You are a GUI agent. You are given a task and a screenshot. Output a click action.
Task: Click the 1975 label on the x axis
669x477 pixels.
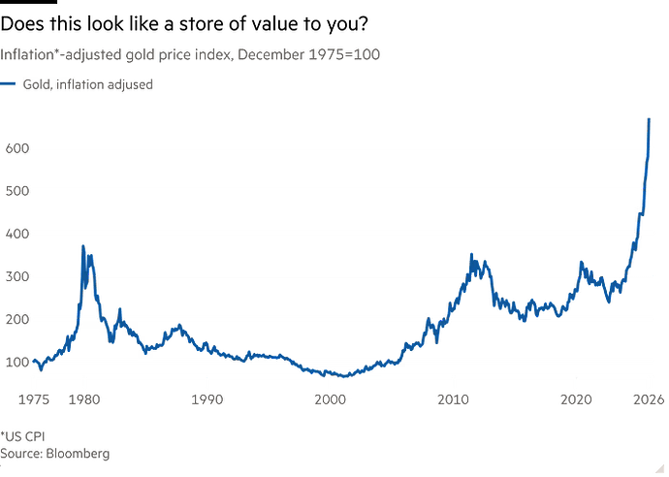(36, 397)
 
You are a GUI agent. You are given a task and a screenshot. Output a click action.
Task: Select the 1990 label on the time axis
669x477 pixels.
(207, 397)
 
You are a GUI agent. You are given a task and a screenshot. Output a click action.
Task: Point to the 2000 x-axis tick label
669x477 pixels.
(331, 397)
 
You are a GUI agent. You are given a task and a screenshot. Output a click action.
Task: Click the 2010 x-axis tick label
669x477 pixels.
(454, 397)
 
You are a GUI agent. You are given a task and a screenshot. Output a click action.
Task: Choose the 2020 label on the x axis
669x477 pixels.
(578, 397)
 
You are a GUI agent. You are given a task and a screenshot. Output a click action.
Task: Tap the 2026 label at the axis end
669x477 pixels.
(648, 397)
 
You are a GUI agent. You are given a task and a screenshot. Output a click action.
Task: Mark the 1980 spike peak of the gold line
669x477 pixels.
(83, 245)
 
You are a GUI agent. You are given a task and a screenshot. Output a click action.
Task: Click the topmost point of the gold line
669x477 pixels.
(649, 118)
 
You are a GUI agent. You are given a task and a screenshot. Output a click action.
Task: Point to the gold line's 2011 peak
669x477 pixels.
(471, 254)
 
